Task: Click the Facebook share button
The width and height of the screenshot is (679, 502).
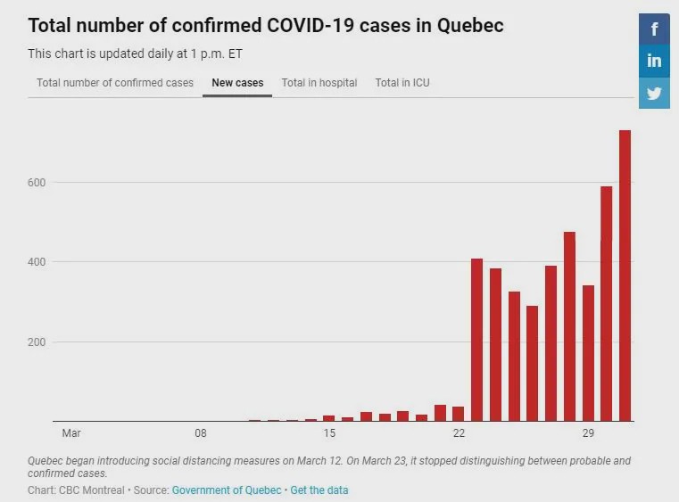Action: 654,29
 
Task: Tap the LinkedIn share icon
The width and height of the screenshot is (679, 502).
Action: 654,62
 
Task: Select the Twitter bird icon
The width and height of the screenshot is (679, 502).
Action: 654,93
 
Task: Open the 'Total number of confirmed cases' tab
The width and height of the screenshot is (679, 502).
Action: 115,83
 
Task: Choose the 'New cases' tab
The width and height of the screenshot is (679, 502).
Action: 237,83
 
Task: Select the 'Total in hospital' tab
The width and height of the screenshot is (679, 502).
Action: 319,83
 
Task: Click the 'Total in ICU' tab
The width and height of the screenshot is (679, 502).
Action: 402,83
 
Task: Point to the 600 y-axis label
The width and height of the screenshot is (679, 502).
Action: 37,182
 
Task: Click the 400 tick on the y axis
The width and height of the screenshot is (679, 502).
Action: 37,262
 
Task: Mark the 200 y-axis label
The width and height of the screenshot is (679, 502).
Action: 37,342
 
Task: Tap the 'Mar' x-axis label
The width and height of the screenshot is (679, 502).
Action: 71,433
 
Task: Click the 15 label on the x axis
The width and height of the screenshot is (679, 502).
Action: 329,433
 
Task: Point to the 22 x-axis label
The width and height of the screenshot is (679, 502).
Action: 459,433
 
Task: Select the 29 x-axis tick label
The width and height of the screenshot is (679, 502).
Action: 588,433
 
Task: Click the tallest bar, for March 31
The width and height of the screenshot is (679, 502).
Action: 625,276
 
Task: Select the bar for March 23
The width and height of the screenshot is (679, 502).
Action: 476,340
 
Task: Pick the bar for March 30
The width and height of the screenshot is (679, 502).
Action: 607,304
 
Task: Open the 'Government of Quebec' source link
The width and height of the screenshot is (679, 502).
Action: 228,490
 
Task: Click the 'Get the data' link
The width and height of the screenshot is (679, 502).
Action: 319,490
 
